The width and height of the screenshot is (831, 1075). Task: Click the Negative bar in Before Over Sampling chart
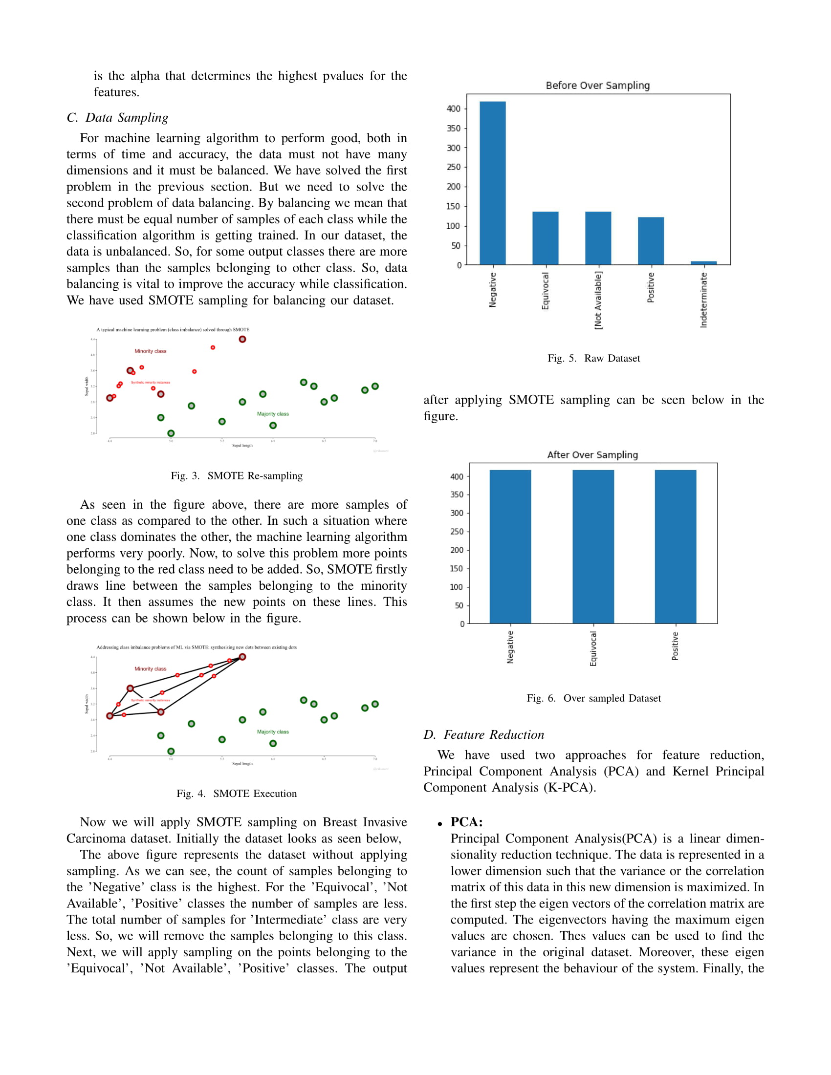click(x=492, y=183)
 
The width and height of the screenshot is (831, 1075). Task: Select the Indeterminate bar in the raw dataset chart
click(x=703, y=263)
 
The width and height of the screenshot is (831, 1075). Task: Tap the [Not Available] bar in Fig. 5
click(x=598, y=238)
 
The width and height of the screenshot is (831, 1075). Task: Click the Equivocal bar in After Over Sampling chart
click(x=593, y=546)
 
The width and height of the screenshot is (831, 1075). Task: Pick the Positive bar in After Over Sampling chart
click(x=675, y=546)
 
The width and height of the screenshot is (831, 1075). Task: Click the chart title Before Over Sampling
click(x=597, y=86)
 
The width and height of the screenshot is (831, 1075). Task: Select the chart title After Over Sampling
click(x=592, y=455)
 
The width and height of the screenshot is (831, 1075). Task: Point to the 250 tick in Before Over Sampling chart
click(x=454, y=167)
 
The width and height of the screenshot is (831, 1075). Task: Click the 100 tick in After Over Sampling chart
click(x=457, y=587)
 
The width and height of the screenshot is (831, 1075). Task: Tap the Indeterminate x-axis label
click(x=703, y=300)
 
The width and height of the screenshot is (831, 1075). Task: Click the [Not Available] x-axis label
click(x=598, y=300)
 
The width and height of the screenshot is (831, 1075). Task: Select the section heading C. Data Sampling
click(x=117, y=118)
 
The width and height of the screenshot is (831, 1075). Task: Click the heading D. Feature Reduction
click(x=483, y=735)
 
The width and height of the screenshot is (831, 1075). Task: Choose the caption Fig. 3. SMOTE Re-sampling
click(x=236, y=476)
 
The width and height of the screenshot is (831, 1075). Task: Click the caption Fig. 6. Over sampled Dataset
click(x=593, y=698)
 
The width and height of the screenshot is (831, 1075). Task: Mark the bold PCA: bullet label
click(x=466, y=822)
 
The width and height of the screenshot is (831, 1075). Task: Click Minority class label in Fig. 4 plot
click(x=150, y=669)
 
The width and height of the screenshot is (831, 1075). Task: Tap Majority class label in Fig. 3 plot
click(x=273, y=414)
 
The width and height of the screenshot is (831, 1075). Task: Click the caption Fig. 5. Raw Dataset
click(x=593, y=358)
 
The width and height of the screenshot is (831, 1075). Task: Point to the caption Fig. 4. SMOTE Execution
click(x=236, y=794)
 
